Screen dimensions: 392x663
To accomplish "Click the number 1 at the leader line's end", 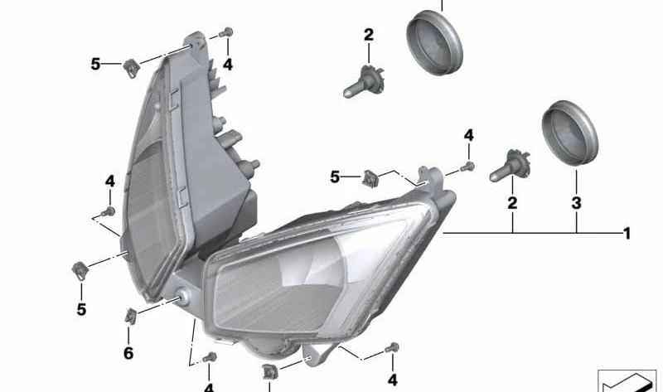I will [x=627, y=235].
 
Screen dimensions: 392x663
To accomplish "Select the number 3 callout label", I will [x=577, y=203].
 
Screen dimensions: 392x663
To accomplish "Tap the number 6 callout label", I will [x=128, y=354].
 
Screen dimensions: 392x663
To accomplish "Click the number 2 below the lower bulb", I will [x=512, y=203].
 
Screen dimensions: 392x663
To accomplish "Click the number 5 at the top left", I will [x=96, y=64].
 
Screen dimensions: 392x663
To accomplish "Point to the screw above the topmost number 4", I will [x=225, y=34].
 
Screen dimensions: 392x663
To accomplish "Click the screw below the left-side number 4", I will [x=109, y=213].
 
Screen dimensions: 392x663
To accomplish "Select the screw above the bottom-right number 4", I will [x=394, y=349].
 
